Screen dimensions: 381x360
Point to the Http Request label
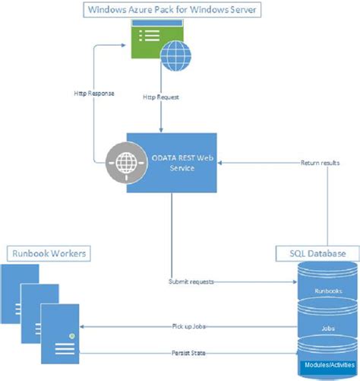tap(161, 98)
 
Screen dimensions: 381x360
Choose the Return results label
tap(318, 163)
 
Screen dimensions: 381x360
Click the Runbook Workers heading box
tap(47, 252)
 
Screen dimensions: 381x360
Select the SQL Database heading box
tap(318, 252)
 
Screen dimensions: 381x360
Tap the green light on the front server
tap(73, 335)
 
